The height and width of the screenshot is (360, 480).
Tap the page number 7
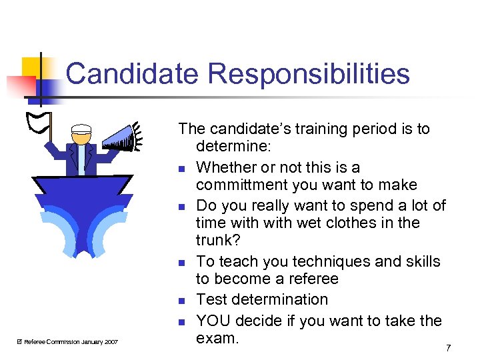pyautogui.click(x=448, y=348)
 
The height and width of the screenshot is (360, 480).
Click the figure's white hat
pyautogui.click(x=81, y=129)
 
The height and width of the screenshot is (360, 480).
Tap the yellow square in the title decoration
pyautogui.click(x=32, y=67)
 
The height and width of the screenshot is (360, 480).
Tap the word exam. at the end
pyautogui.click(x=217, y=338)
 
